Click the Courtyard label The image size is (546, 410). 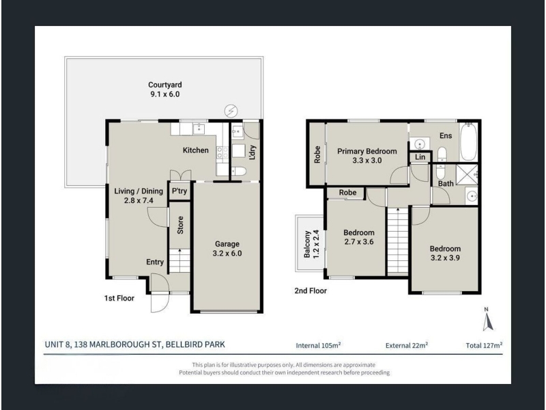(164, 85)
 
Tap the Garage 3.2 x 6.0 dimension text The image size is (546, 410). (227, 254)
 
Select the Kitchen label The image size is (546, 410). (196, 150)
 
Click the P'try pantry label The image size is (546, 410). (179, 191)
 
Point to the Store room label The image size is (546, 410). (180, 225)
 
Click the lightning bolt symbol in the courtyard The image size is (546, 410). (231, 111)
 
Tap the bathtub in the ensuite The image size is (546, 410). (468, 141)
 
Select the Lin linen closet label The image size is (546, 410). (420, 157)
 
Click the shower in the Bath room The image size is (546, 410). (467, 174)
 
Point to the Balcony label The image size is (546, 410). (306, 244)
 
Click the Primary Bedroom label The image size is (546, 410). (367, 151)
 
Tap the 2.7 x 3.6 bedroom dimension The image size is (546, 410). (359, 242)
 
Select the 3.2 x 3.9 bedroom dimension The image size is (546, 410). (445, 258)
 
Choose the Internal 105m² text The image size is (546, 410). (318, 346)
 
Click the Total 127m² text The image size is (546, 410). (484, 346)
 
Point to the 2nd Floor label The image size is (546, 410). (311, 291)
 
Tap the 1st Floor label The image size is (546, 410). (119, 298)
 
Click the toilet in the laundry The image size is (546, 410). (238, 172)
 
